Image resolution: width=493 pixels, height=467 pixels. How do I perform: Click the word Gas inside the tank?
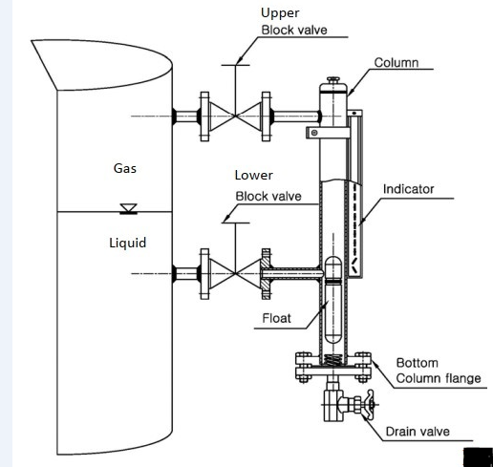point(125,168)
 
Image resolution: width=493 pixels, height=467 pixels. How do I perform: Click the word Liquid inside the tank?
point(127,243)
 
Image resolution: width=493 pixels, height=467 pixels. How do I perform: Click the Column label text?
point(396,64)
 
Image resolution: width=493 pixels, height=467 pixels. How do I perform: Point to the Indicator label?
point(408,189)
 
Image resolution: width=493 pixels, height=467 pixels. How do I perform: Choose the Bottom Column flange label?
point(431,371)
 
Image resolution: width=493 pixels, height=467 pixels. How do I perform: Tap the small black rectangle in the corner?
point(477,455)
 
